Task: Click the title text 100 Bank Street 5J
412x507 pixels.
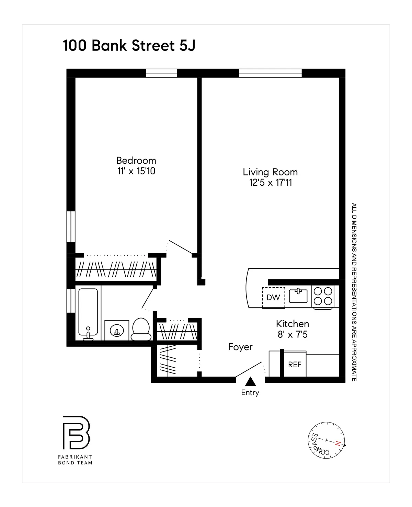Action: click(x=129, y=46)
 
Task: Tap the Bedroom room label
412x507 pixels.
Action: click(x=136, y=160)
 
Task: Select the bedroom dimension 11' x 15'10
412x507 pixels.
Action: click(x=136, y=171)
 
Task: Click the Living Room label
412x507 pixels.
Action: click(x=270, y=172)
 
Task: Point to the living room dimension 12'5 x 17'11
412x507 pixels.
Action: click(x=270, y=183)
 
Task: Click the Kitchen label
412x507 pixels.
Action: click(x=292, y=324)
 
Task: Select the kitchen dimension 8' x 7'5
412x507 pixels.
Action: click(x=292, y=334)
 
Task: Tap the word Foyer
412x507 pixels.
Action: click(x=240, y=347)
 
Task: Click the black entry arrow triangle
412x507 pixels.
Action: click(x=250, y=382)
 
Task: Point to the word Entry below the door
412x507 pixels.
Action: click(x=250, y=393)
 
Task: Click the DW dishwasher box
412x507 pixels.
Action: click(x=273, y=297)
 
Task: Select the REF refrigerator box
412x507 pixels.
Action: click(x=294, y=364)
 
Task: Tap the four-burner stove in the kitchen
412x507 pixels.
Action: click(x=323, y=296)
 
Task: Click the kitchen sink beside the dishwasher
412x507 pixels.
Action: click(x=298, y=296)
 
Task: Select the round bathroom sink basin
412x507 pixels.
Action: click(x=117, y=331)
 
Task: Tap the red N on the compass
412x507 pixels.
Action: click(x=338, y=443)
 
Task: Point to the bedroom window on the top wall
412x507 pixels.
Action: click(x=161, y=73)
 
